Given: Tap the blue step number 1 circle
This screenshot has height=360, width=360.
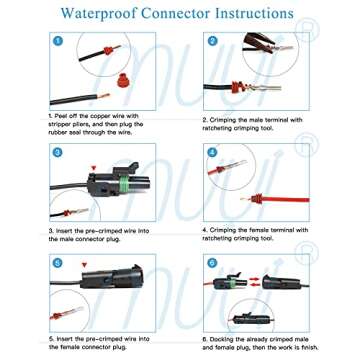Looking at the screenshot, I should (59, 44).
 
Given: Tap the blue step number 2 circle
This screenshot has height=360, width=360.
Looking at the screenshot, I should (213, 42).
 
